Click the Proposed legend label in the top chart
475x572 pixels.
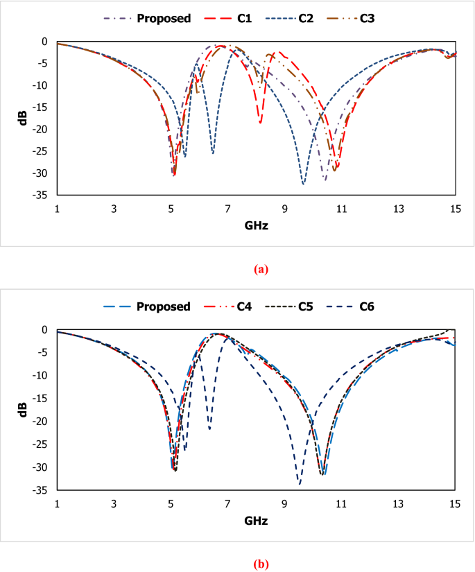click(164, 19)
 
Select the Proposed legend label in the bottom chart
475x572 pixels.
click(164, 306)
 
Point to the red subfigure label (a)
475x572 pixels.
click(261, 270)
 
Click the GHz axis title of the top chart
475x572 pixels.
click(256, 226)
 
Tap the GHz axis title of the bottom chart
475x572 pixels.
click(256, 520)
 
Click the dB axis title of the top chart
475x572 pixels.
click(23, 118)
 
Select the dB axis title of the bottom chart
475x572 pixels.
click(23, 409)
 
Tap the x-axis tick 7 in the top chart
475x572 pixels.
click(227, 209)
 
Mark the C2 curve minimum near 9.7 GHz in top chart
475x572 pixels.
click(303, 184)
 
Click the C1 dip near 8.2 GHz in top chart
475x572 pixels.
click(260, 123)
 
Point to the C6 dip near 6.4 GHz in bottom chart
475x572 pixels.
click(209, 429)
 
